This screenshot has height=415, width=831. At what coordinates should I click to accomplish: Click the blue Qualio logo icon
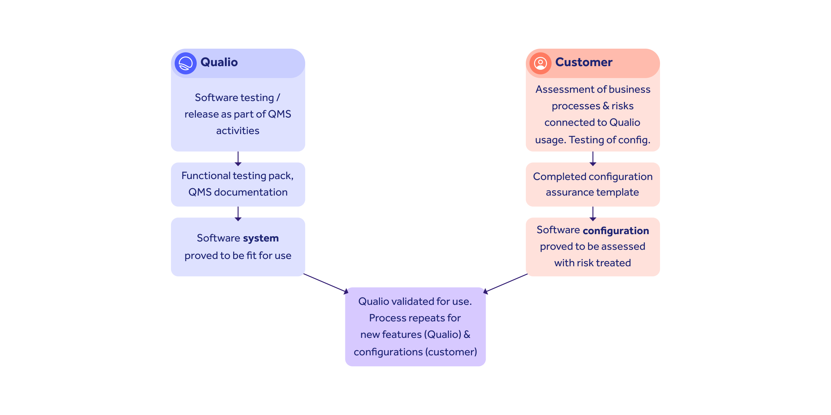[x=185, y=63]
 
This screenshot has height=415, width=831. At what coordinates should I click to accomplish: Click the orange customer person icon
[x=540, y=63]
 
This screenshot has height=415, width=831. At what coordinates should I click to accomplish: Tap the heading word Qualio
[x=219, y=62]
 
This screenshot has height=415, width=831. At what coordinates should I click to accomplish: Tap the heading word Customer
[x=584, y=62]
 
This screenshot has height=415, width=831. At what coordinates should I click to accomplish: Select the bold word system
[x=261, y=238]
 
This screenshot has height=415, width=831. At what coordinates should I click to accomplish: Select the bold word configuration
[x=616, y=231]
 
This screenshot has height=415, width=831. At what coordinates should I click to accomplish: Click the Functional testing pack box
[x=238, y=184]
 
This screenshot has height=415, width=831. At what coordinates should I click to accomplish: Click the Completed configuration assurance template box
[x=593, y=184]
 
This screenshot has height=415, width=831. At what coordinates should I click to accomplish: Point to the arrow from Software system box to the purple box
[x=325, y=283]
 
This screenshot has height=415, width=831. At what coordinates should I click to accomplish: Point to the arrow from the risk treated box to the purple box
[x=506, y=283]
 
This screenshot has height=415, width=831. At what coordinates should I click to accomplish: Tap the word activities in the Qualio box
[x=238, y=131]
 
